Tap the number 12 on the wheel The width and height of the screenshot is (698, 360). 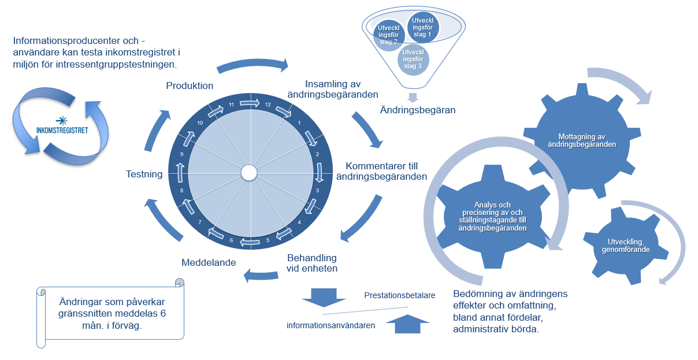pos(267,105)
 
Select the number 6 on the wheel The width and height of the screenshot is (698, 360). pos(231,240)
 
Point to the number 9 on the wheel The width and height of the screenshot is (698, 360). pos(181,154)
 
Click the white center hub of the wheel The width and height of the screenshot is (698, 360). pos(249,173)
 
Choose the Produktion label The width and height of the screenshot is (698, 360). pos(190,86)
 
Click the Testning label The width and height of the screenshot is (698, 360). pos(144,173)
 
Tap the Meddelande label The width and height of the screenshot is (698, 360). pos(209,262)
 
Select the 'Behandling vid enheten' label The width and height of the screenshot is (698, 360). pos(312,263)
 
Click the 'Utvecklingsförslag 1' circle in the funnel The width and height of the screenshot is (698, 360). pos(423,27)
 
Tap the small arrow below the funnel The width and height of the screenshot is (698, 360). pos(413,97)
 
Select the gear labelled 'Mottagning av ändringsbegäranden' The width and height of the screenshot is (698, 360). pos(582,140)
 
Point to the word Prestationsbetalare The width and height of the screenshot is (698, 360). pos(399,295)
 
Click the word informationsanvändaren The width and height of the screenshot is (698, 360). pos(331,325)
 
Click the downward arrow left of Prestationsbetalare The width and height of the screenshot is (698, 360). pos(323,296)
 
